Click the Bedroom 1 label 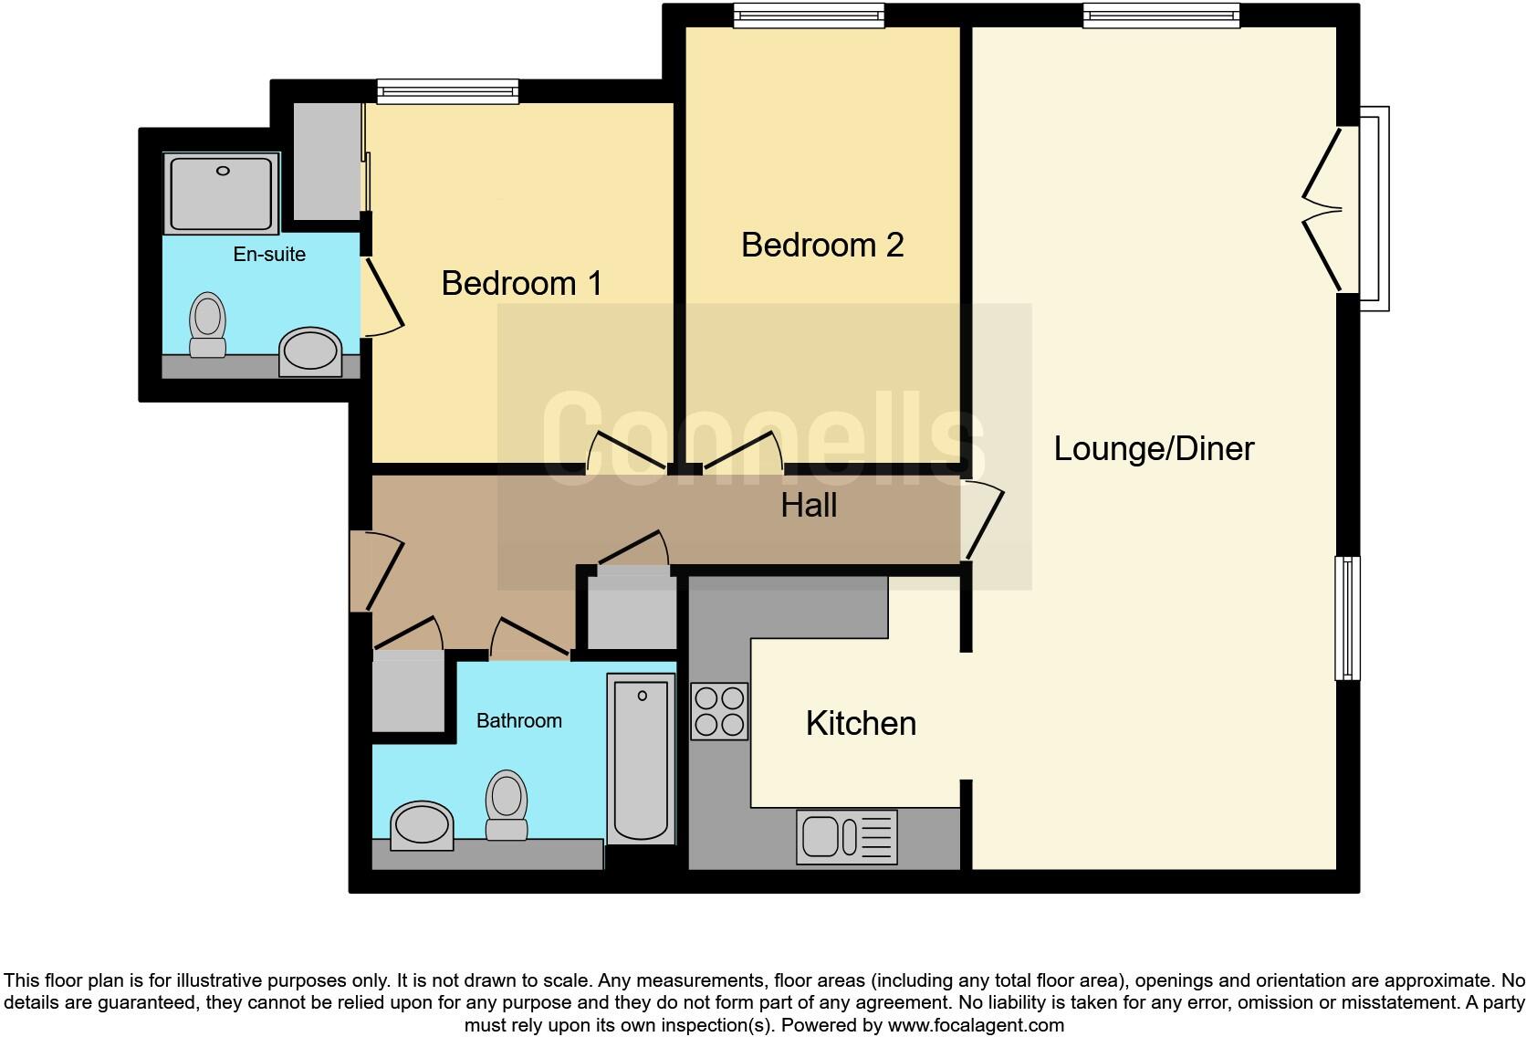point(521,283)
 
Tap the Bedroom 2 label point(821,245)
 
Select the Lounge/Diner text point(1154,448)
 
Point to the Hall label point(809,506)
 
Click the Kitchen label point(861,723)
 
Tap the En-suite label point(269,255)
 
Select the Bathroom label point(518,721)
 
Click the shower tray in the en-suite point(221,193)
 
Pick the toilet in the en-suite point(207,325)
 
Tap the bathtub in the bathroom point(641,759)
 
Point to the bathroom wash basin point(422,825)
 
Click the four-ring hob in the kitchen point(719,711)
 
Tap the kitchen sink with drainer point(846,836)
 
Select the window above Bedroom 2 point(810,16)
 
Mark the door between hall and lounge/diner point(983,519)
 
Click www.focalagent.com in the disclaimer point(976,1025)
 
